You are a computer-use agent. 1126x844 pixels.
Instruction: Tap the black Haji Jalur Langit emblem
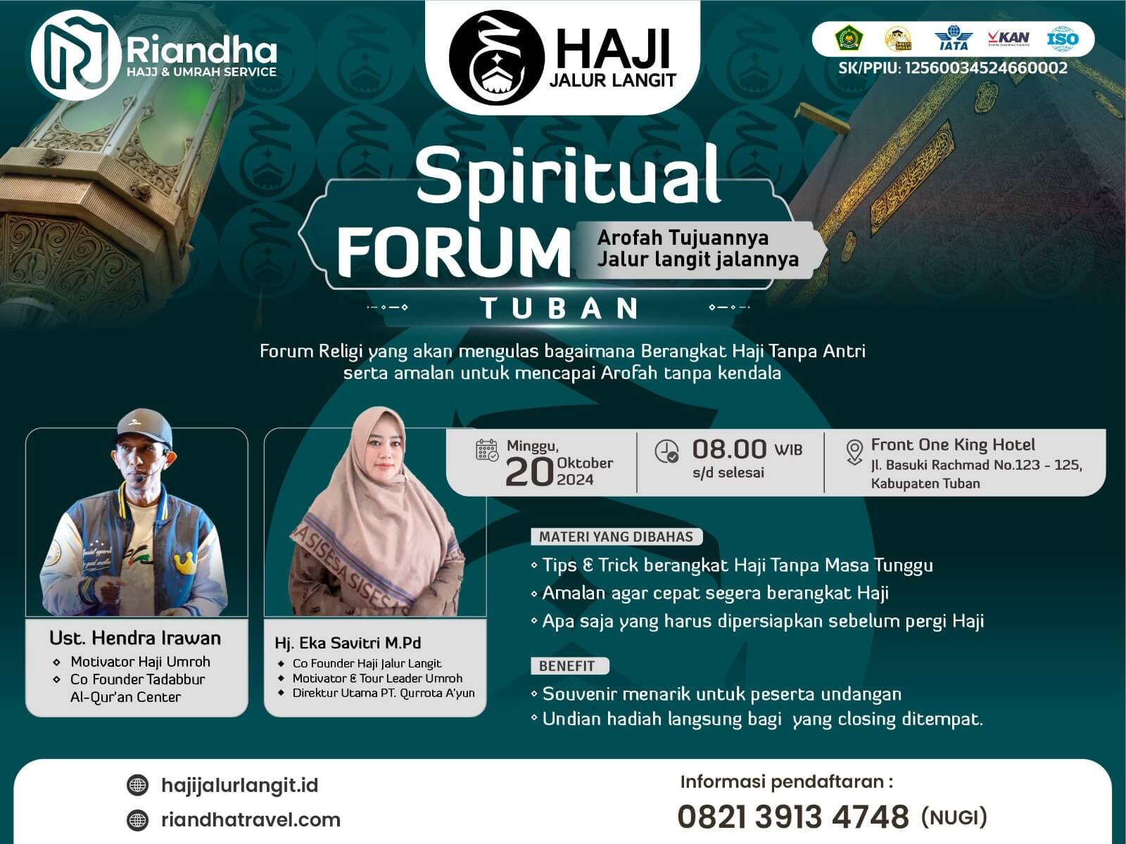click(x=497, y=58)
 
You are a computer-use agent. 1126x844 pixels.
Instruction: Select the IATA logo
click(x=953, y=39)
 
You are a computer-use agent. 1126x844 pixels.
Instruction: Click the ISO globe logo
click(x=1063, y=39)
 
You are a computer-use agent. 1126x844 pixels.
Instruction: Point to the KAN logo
click(x=1008, y=38)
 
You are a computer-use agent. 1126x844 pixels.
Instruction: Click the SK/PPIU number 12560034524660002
click(x=986, y=68)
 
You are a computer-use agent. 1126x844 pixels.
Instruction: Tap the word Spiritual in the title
click(x=569, y=177)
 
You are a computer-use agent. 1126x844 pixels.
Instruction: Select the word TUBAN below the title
click(x=559, y=308)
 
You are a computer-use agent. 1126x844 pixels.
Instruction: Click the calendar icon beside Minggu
click(x=487, y=450)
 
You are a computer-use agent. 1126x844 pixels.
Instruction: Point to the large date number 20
click(x=529, y=472)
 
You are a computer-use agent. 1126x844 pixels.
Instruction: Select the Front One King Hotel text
click(x=953, y=445)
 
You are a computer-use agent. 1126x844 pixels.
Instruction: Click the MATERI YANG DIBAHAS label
click(x=616, y=537)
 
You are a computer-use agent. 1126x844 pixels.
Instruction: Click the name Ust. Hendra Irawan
click(x=135, y=638)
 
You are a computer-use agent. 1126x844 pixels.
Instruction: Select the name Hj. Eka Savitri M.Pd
click(x=348, y=643)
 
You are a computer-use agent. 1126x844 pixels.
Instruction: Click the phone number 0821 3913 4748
click(x=793, y=817)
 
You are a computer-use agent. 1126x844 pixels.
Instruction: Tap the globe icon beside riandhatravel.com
click(x=137, y=820)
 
